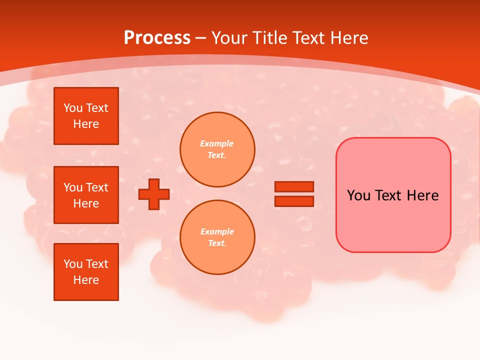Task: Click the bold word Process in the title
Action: tap(157, 38)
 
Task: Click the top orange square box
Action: tap(86, 116)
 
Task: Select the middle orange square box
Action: tap(86, 195)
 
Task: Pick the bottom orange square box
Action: tap(86, 272)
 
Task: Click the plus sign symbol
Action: tap(154, 194)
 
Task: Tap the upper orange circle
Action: tap(217, 149)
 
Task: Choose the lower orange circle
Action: tap(217, 237)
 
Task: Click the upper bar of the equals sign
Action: tap(294, 187)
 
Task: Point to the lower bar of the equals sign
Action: tap(294, 201)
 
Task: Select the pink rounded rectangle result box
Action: tap(393, 220)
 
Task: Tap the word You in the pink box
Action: tap(359, 195)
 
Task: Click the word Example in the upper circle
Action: tap(217, 143)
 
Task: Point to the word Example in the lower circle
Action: tap(217, 231)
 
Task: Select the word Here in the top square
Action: tap(86, 124)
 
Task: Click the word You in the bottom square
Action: tap(73, 264)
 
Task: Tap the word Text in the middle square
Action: tap(97, 187)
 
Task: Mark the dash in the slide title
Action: tap(200, 38)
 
